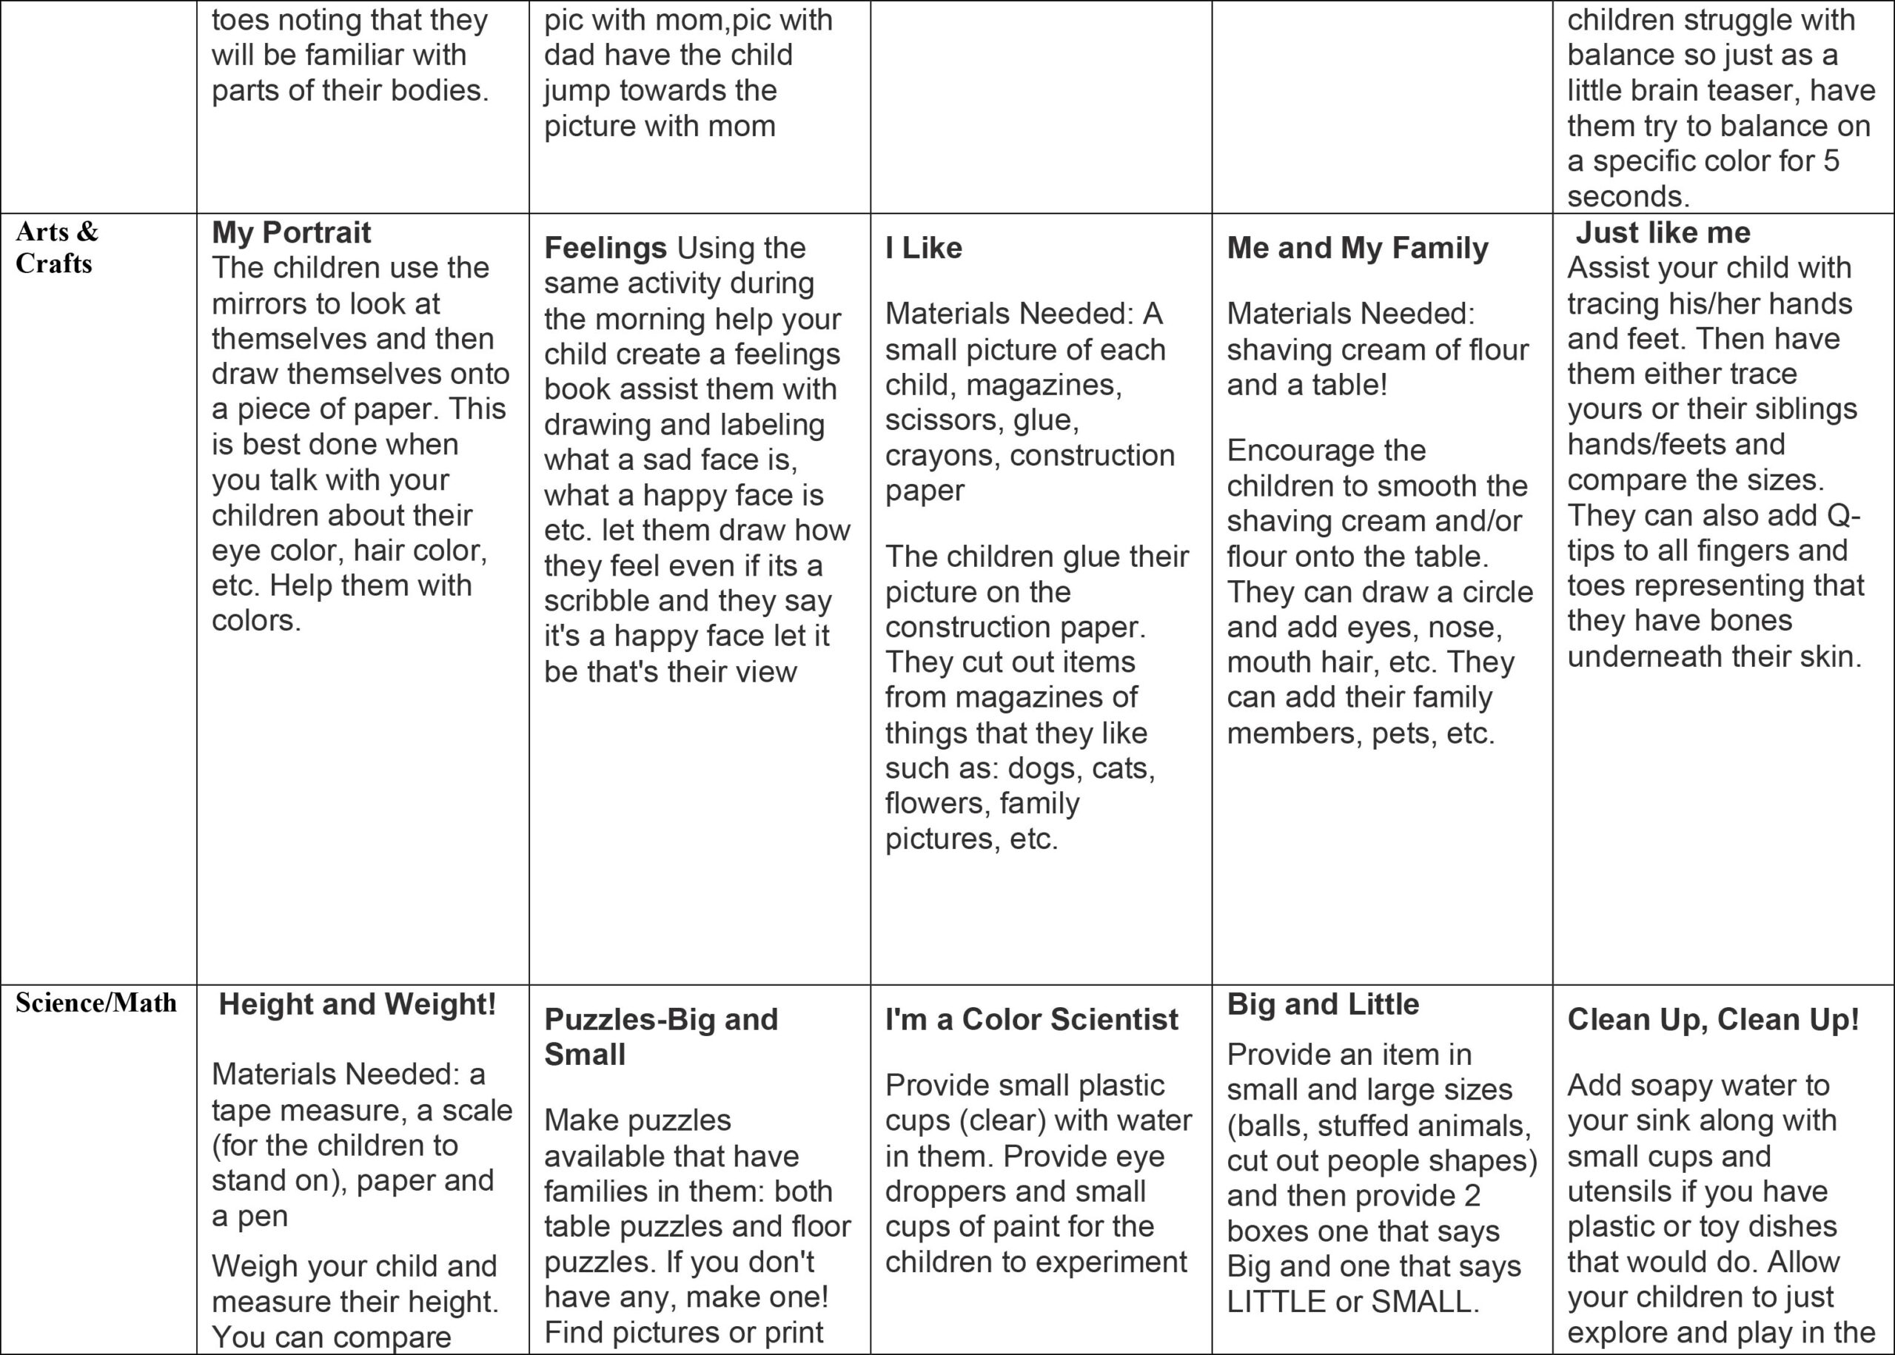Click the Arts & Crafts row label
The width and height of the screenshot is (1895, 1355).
[x=57, y=247]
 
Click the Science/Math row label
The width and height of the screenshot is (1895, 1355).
[x=96, y=1002]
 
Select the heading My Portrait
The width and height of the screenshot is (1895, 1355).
[x=291, y=232]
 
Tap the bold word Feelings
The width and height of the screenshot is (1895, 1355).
[x=605, y=248]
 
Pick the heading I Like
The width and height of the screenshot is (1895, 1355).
[x=923, y=248]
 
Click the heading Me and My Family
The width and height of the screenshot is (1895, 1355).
[x=1357, y=248]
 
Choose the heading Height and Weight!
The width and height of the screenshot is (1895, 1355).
[x=357, y=1003]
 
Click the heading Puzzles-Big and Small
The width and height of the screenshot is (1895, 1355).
[x=660, y=1036]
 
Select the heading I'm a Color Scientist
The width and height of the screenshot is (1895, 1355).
[x=1031, y=1019]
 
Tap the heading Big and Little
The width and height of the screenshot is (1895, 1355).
[x=1323, y=1003]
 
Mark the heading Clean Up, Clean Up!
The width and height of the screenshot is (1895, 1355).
[x=1713, y=1019]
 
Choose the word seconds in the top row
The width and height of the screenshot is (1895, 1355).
[x=1627, y=197]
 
